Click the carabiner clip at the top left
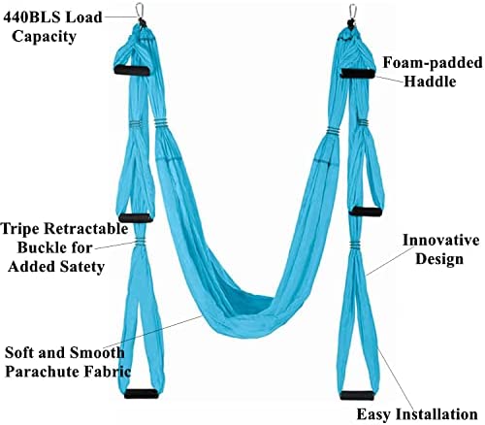point(140,11)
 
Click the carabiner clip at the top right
point(353,12)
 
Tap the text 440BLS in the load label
point(33,17)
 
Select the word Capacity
point(44,37)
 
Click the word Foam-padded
point(433,63)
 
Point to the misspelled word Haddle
point(430,82)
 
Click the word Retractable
point(86,229)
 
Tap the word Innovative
point(441,241)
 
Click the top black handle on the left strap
point(132,70)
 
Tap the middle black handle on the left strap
point(136,217)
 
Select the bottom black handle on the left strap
point(142,394)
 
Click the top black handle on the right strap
point(358,74)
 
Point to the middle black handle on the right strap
point(366,212)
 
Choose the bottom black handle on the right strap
point(357,395)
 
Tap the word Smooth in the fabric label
point(97,352)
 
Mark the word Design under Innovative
point(439,259)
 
